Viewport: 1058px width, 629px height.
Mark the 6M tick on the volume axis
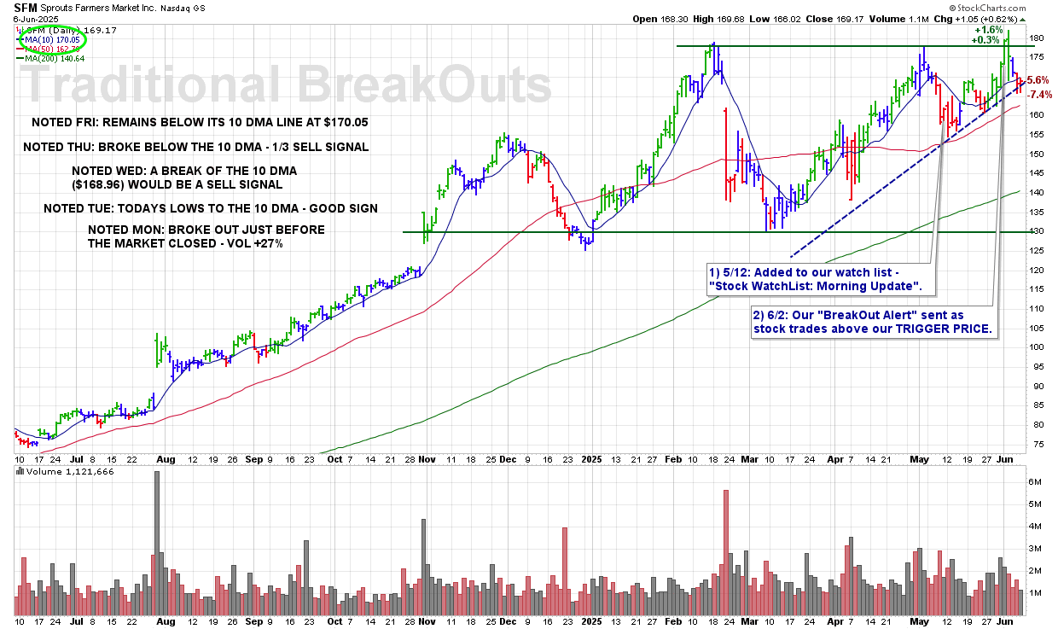point(1035,481)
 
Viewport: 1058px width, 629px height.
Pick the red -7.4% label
point(1040,94)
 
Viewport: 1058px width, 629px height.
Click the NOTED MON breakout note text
point(206,236)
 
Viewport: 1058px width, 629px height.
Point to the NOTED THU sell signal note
point(196,147)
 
